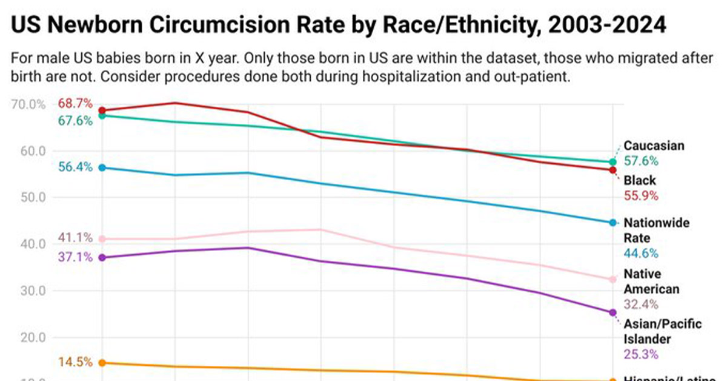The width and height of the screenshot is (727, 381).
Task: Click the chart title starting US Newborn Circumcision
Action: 339,25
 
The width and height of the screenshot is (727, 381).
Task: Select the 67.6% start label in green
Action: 75,121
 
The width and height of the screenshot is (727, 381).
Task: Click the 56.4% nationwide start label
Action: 75,167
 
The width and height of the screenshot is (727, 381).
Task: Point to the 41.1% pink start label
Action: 75,237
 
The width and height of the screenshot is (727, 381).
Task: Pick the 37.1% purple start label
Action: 75,257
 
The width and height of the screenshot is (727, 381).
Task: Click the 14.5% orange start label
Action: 75,362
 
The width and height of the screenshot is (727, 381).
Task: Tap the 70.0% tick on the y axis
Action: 28,104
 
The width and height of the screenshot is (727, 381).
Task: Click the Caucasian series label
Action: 654,146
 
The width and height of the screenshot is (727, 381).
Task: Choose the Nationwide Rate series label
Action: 656,231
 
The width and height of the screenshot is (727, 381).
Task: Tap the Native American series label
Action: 651,282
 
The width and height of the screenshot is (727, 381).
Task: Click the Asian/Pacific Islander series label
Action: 663,331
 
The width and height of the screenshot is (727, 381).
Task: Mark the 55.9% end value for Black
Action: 641,196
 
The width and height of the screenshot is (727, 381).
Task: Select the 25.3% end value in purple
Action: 641,354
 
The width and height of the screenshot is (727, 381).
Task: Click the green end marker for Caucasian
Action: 613,162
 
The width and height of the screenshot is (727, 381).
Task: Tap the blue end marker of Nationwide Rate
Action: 613,223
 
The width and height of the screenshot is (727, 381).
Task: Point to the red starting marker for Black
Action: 102,110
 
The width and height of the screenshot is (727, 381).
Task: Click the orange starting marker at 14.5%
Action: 102,363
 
